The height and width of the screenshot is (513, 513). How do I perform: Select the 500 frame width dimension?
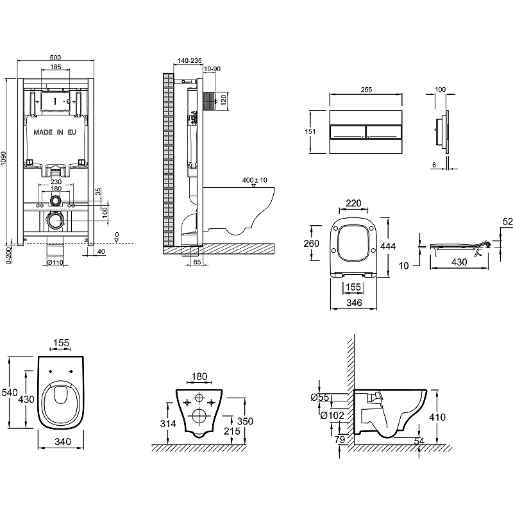coord(55,56)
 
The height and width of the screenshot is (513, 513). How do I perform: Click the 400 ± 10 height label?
coord(255,180)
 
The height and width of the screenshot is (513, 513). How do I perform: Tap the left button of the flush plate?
coord(347,133)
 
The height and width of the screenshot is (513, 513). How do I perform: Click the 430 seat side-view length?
coord(457,262)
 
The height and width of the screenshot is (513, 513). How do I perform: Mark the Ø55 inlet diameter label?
coord(321,398)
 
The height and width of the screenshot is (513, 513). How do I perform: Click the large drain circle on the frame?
coord(56,222)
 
